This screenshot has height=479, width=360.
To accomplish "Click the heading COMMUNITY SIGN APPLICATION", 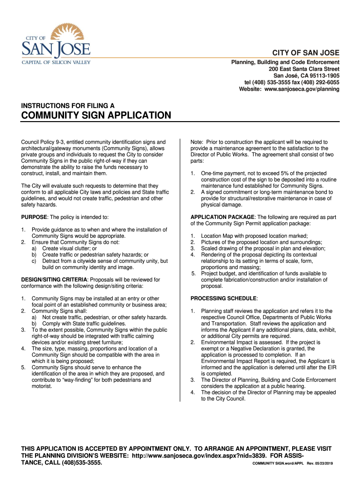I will pos(96,116).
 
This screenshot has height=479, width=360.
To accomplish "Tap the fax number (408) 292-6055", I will pos(314,82).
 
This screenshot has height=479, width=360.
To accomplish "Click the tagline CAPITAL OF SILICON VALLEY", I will pos(56,62).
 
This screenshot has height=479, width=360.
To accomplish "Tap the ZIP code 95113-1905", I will pos(322,75).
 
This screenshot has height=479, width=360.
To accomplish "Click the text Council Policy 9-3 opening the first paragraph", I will pos(43,142).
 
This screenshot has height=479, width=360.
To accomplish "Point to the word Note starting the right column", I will pos(197,142).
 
